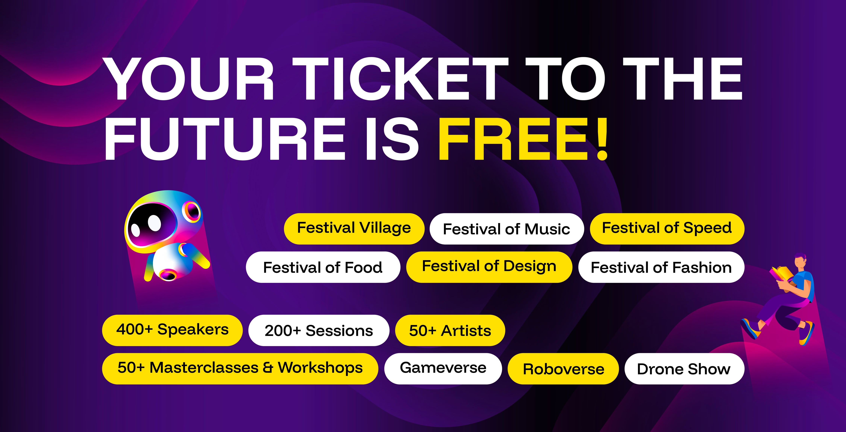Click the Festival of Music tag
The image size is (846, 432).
coord(507,229)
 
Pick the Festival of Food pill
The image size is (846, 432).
coord(323,267)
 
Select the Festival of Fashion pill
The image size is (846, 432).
coord(661,267)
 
